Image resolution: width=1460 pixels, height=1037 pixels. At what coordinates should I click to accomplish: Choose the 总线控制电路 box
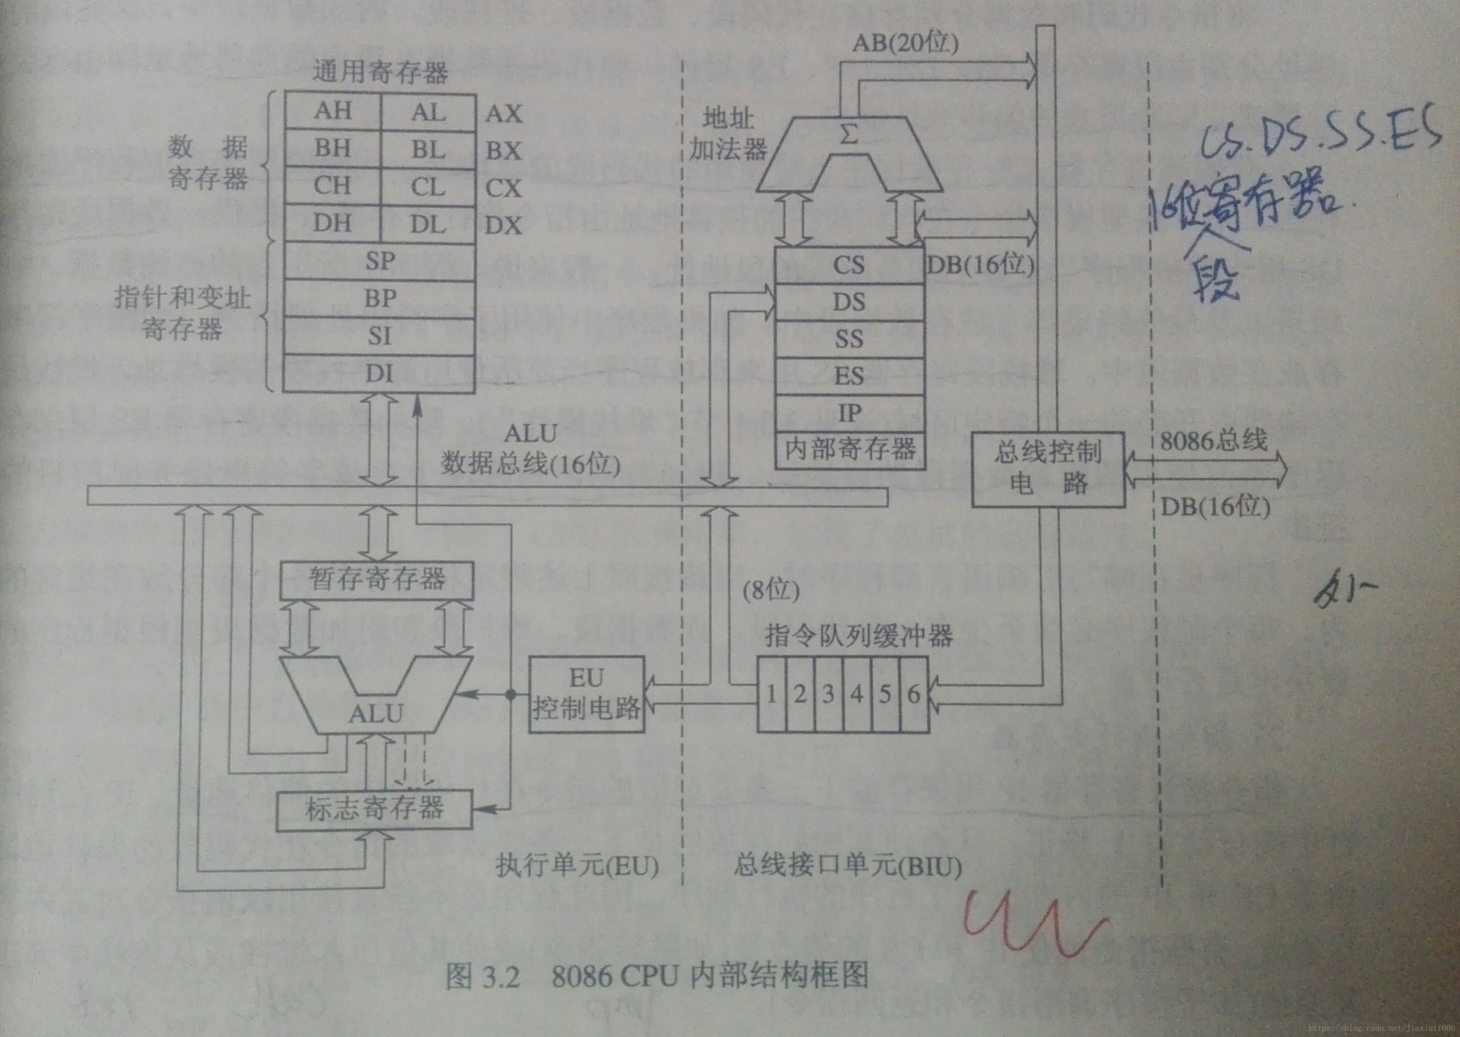(x=1048, y=469)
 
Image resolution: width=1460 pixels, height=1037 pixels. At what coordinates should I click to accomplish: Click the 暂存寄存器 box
(x=376, y=579)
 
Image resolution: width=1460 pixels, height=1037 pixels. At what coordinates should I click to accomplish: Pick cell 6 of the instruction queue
(x=914, y=693)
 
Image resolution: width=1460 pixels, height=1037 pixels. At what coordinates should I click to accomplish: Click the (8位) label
(x=771, y=591)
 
